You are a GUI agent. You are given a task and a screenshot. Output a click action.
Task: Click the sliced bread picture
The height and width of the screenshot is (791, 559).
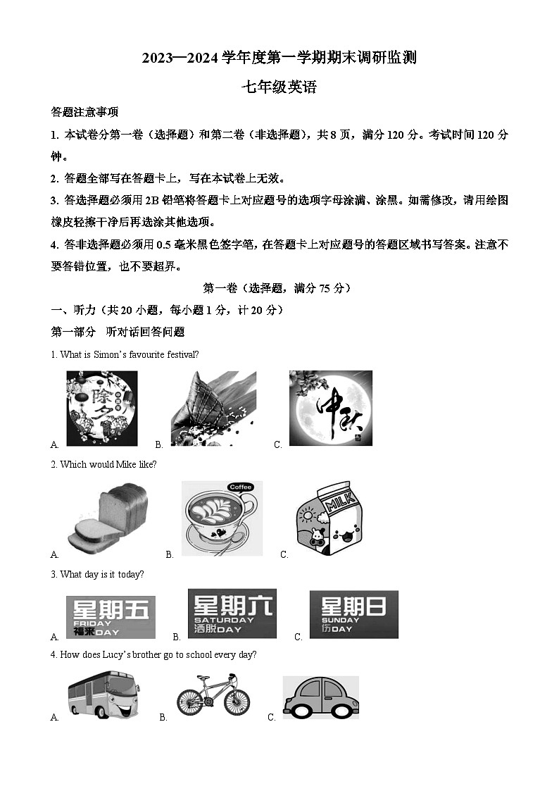pyautogui.click(x=107, y=518)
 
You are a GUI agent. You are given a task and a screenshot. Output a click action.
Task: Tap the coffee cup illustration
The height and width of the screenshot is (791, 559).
pyautogui.click(x=222, y=520)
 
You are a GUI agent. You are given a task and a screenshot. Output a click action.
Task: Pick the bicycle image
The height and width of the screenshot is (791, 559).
pyautogui.click(x=213, y=693)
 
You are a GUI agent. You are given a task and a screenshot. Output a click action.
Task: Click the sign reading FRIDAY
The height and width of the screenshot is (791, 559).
pyautogui.click(x=110, y=618)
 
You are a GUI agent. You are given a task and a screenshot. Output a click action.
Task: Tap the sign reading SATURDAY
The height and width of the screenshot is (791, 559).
pyautogui.click(x=232, y=614)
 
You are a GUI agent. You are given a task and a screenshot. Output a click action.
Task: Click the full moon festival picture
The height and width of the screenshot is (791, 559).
pyautogui.click(x=330, y=409)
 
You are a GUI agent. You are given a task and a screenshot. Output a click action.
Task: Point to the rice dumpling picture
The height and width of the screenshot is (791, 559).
pyautogui.click(x=213, y=409)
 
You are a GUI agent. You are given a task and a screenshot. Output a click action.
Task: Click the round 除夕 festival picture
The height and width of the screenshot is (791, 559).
pyautogui.click(x=102, y=409)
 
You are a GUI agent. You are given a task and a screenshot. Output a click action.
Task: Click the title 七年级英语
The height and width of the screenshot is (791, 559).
pyautogui.click(x=279, y=87)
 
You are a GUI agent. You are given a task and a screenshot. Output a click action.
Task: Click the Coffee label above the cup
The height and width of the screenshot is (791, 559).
pyautogui.click(x=240, y=487)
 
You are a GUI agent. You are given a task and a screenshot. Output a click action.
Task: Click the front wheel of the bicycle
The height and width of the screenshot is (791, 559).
pyautogui.click(x=236, y=702)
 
